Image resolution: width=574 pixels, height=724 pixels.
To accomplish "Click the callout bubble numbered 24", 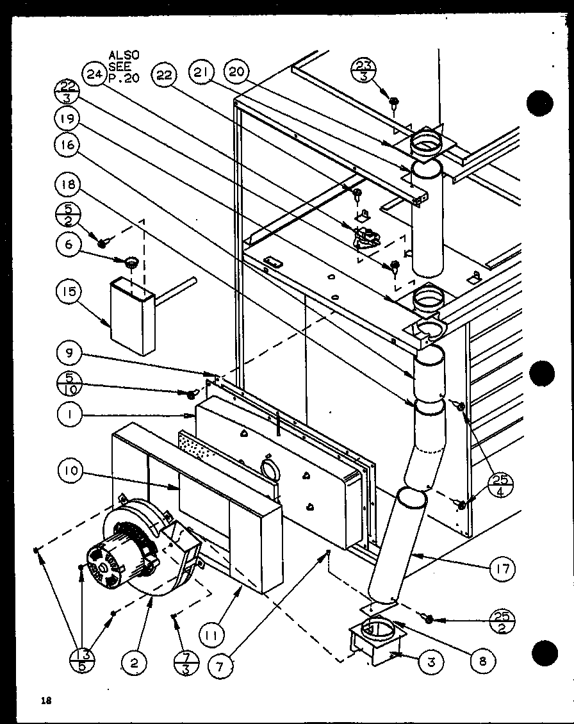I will click(94, 75).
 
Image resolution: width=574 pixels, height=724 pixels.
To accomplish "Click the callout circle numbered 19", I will click(67, 118).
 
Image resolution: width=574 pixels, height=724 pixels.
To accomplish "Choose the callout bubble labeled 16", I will click(67, 145).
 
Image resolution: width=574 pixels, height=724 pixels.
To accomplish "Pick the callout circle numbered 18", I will click(67, 186).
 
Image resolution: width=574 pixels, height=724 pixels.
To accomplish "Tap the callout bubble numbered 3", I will click(431, 662).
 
